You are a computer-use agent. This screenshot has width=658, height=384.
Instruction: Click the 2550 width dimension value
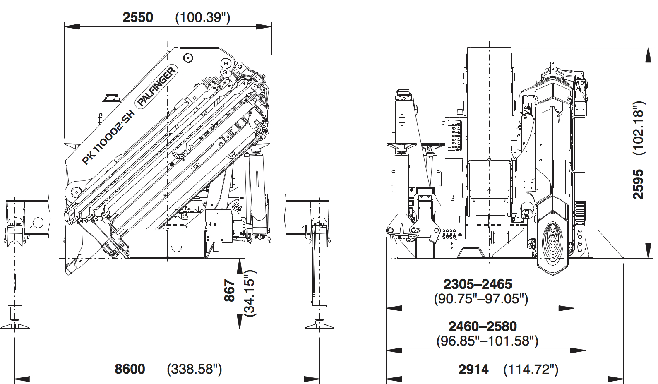pyautogui.click(x=138, y=17)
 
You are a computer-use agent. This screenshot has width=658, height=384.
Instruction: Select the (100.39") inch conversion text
pyautogui.click(x=203, y=17)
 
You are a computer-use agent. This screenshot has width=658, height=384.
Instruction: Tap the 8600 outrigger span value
pyautogui.click(x=130, y=369)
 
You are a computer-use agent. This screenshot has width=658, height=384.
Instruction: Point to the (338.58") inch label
pyautogui.click(x=195, y=369)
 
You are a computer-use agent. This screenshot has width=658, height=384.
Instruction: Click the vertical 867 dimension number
pyautogui.click(x=229, y=290)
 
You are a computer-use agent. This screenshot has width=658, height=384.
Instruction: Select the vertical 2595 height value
pyautogui.click(x=638, y=184)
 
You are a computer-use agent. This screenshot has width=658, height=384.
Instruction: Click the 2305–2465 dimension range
pyautogui.click(x=478, y=284)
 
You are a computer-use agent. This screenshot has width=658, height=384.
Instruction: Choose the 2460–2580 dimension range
pyautogui.click(x=483, y=326)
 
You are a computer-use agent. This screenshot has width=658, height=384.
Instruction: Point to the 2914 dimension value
pyautogui.click(x=473, y=369)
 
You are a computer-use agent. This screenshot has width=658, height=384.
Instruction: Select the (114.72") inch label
pyautogui.click(x=531, y=369)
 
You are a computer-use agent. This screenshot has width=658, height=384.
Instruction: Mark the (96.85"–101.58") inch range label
pyautogui.click(x=487, y=341)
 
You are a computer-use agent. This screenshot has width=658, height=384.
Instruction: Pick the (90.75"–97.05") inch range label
pyautogui.click(x=481, y=299)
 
